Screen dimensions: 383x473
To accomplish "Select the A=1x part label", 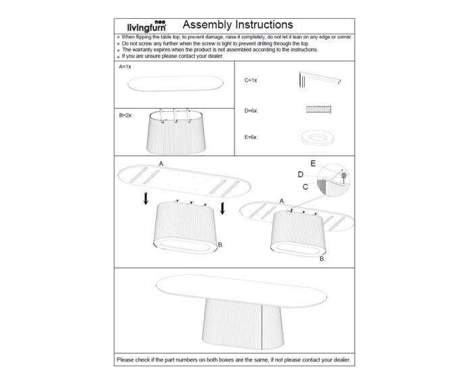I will (x=125, y=68).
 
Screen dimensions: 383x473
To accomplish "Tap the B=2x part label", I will (x=125, y=115).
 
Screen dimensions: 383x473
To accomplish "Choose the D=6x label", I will (x=251, y=109).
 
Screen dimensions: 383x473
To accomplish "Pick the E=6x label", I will (x=251, y=137).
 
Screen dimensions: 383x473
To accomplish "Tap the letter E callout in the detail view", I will (x=312, y=163).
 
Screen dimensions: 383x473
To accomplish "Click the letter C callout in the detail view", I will (x=305, y=185).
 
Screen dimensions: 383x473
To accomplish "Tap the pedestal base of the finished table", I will (x=233, y=322).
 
